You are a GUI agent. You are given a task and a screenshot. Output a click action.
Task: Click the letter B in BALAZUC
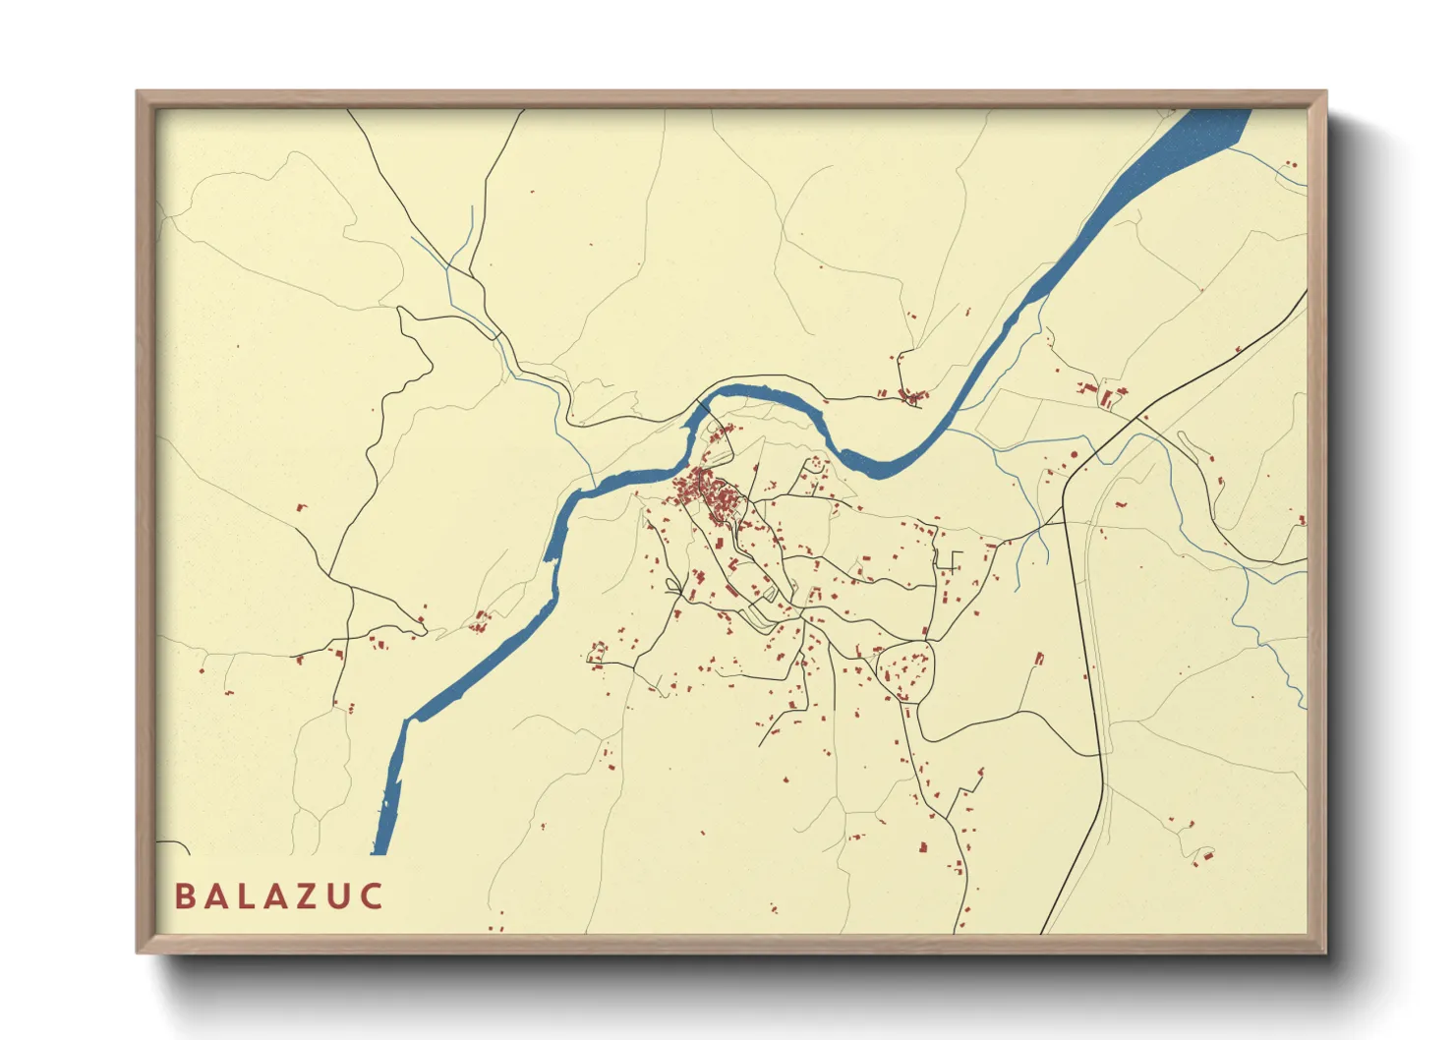tap(184, 896)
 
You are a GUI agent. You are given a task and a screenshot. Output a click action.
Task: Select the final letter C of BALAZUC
tap(372, 896)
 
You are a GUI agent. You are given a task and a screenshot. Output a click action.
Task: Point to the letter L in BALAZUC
tap(247, 896)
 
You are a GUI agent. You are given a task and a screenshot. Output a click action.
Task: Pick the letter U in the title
tap(340, 896)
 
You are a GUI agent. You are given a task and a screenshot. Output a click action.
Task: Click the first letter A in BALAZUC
tap(215, 896)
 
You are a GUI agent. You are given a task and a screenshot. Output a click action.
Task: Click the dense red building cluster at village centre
tap(709, 492)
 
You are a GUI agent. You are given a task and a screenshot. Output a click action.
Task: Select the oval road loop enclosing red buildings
tap(904, 671)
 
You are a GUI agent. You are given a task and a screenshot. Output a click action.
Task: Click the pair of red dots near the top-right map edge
tap(1291, 164)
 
